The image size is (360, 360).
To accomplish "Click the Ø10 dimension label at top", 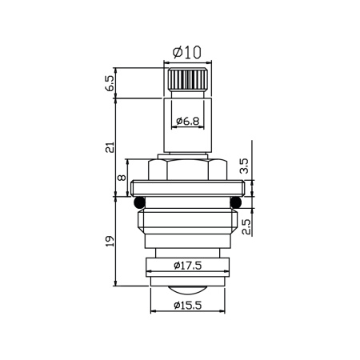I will [x=186, y=53].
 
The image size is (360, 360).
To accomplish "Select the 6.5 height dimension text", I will [x=110, y=82].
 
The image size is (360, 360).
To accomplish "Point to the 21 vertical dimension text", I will [x=110, y=147].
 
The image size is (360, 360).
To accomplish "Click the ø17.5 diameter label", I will [x=186, y=265].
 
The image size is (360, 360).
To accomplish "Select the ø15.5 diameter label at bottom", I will [x=186, y=305].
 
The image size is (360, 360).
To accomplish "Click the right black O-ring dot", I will [x=236, y=201].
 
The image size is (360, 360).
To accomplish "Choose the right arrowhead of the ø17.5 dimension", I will [x=226, y=265].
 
